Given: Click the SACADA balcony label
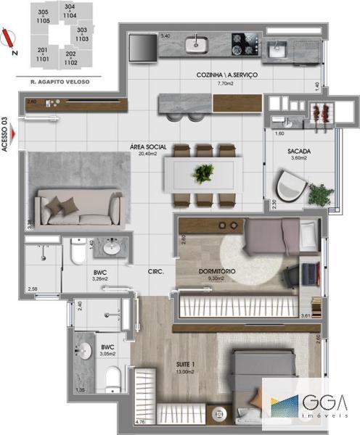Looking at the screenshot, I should [299, 151].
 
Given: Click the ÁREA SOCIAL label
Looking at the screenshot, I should [148, 146].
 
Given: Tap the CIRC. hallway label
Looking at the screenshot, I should [155, 272].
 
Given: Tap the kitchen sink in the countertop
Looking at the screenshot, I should [196, 43].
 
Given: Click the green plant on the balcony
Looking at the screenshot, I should [319, 194].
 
